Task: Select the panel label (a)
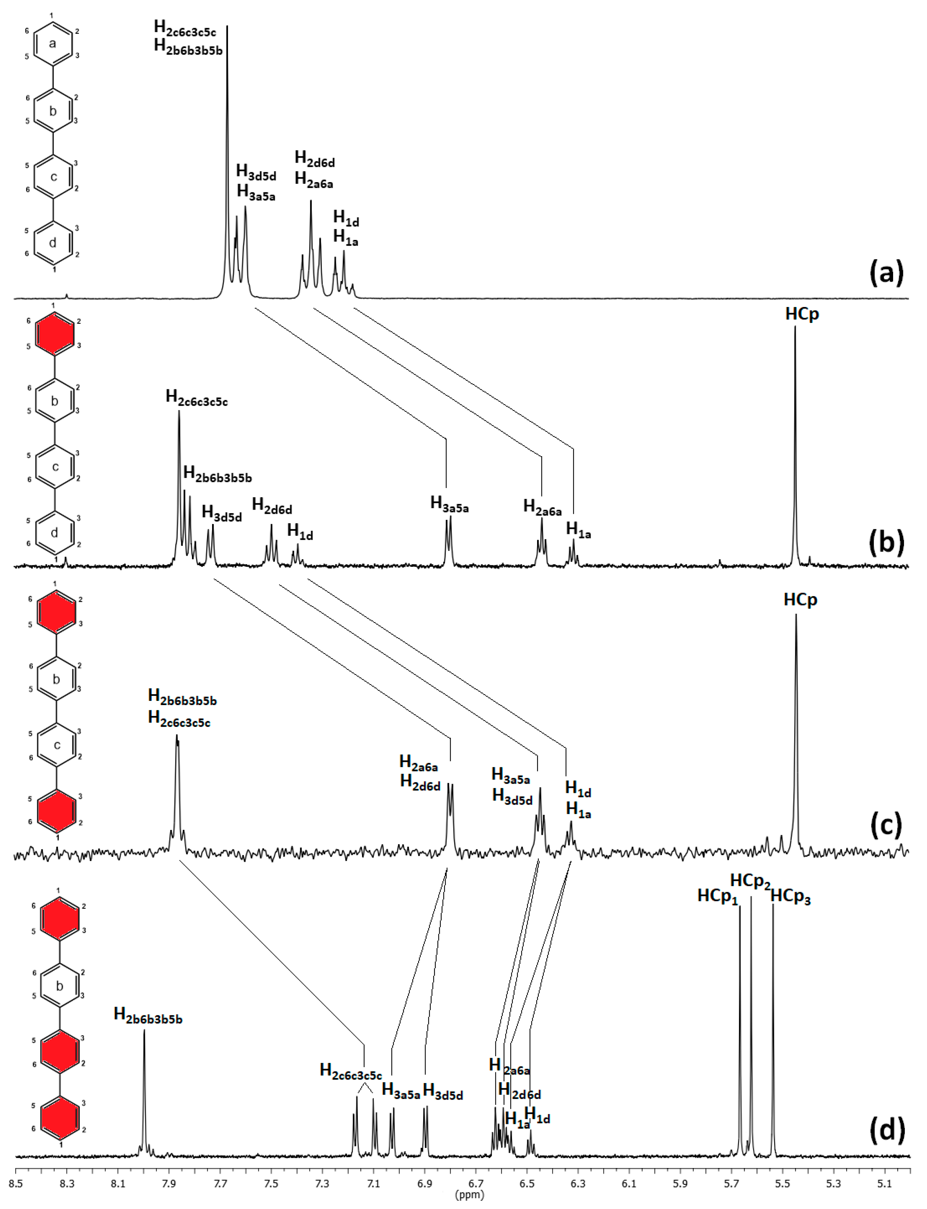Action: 886,272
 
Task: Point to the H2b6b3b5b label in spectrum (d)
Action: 148,1014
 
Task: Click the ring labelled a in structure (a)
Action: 53,43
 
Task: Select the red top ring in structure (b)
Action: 54,333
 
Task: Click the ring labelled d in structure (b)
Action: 54,533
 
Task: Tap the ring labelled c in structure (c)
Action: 56,745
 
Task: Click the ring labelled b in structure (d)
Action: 60,986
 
